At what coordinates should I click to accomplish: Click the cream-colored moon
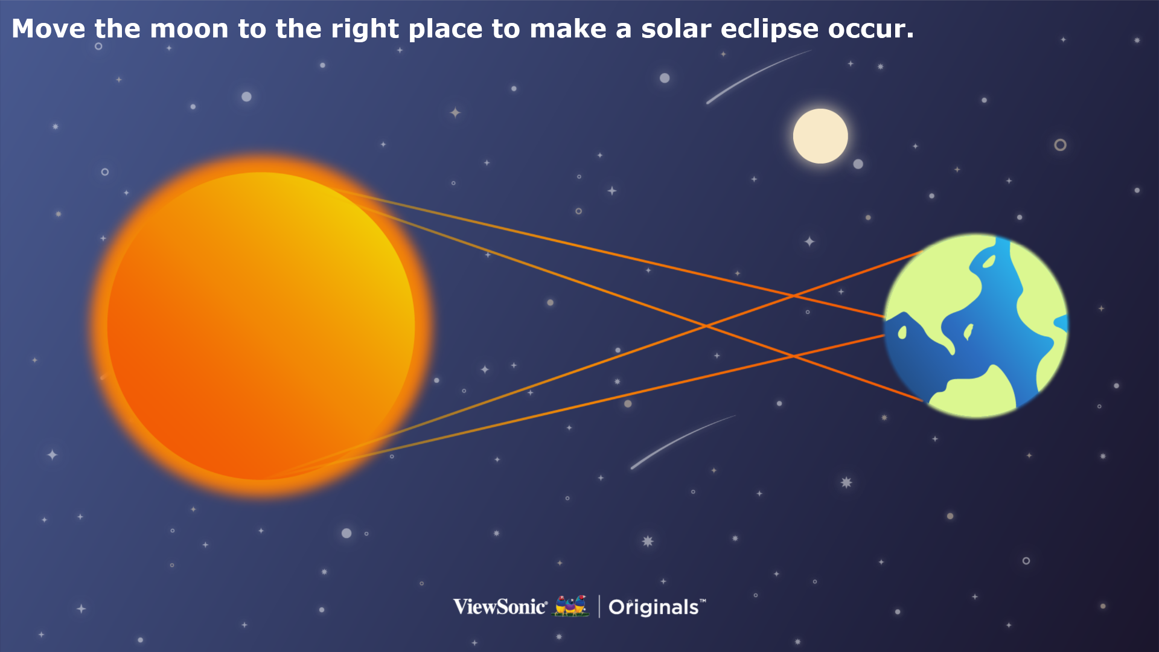click(820, 136)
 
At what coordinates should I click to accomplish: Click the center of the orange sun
click(261, 326)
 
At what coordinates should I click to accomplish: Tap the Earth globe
click(976, 325)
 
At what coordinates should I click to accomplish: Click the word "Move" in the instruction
click(48, 29)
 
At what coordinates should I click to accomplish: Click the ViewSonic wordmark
click(500, 607)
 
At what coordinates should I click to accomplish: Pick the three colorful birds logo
click(571, 606)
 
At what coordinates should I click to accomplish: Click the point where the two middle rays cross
click(705, 326)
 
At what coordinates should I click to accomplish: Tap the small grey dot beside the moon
click(858, 164)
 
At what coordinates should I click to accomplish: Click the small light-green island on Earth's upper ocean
click(989, 261)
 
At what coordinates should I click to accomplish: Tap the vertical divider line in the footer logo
click(599, 607)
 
